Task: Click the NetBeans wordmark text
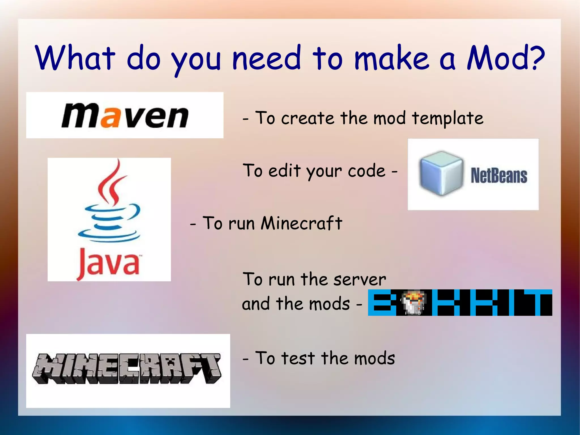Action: click(x=499, y=176)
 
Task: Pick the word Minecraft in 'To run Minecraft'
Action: click(x=301, y=223)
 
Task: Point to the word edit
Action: click(x=284, y=171)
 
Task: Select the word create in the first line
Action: click(x=308, y=118)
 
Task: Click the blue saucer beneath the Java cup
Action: click(x=109, y=236)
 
